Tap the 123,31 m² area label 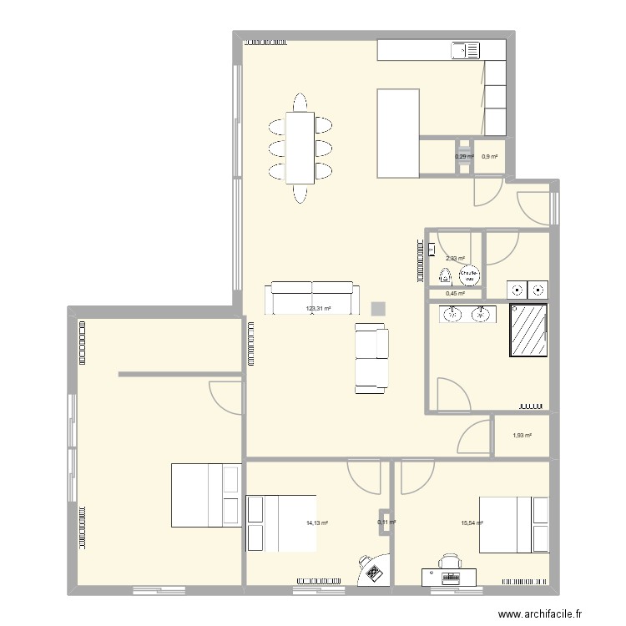tap(319, 309)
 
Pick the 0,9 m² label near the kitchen tap(490, 156)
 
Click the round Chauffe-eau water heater tap(470, 274)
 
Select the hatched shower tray tap(528, 331)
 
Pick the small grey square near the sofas tap(379, 309)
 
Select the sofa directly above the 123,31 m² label tap(312, 296)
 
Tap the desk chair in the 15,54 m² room tap(452, 560)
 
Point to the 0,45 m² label tap(456, 293)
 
